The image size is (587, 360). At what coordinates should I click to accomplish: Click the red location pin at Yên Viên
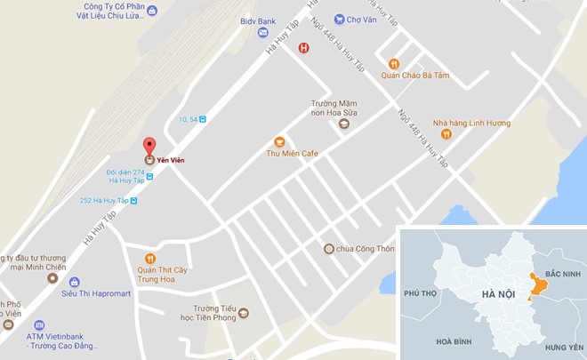(149, 145)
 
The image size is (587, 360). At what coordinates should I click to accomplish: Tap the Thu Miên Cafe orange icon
(279, 141)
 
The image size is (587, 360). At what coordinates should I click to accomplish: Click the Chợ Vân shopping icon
(339, 19)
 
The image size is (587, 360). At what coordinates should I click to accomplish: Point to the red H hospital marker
(303, 48)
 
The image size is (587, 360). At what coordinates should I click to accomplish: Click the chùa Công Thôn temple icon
(328, 249)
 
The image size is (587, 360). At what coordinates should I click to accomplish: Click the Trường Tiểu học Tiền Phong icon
(243, 313)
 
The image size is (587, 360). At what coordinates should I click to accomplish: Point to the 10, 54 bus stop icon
(203, 118)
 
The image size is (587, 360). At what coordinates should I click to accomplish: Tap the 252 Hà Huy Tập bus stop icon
(133, 201)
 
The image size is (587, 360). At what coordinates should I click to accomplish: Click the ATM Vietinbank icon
(8, 324)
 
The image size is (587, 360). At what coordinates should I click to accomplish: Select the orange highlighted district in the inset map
(535, 285)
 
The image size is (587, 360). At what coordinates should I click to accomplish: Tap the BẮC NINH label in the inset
(562, 275)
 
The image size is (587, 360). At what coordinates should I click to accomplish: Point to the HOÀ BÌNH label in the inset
(454, 340)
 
